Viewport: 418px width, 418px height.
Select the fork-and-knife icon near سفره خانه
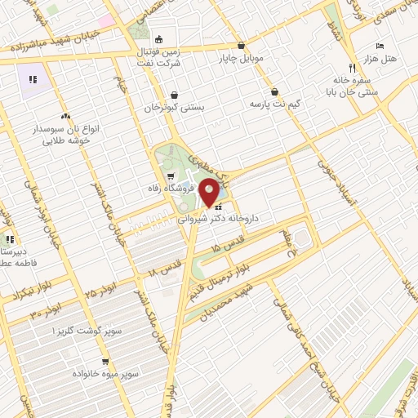[x=352, y=69]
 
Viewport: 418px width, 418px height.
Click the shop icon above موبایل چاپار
[x=240, y=46]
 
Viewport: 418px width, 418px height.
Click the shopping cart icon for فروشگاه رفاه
[x=169, y=175]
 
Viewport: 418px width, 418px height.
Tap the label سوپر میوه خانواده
[x=110, y=374]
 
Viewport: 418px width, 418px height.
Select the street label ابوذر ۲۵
[x=102, y=289]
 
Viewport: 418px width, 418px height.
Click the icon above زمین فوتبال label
[x=158, y=38]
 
